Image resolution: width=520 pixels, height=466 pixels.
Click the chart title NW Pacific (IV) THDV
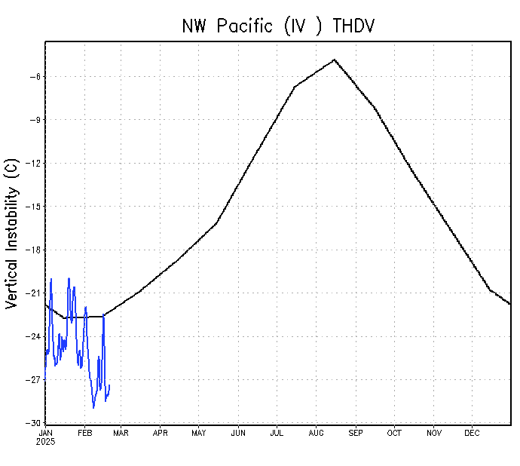(278, 25)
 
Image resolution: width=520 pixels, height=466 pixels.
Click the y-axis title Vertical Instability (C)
(11, 233)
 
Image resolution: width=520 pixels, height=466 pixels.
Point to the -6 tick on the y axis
(34, 76)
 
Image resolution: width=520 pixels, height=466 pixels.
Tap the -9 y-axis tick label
(34, 120)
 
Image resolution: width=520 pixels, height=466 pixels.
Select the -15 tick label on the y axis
(32, 207)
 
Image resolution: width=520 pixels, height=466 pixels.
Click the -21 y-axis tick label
(32, 293)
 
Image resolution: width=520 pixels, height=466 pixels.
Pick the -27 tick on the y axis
(32, 380)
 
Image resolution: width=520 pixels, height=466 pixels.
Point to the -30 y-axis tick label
(32, 423)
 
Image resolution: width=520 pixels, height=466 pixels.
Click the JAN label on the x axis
(45, 433)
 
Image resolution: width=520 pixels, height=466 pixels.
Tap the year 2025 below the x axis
(45, 441)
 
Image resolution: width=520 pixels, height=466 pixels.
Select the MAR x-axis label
(121, 433)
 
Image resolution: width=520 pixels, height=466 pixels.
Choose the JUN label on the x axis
(238, 433)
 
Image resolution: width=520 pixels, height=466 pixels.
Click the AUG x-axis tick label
(316, 433)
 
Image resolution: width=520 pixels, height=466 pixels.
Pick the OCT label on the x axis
(394, 433)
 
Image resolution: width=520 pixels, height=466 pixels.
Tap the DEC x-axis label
(472, 433)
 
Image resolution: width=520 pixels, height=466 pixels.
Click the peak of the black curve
(334, 60)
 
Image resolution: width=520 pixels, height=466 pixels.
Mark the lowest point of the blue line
(93, 408)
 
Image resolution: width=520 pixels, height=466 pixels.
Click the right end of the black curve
(510, 304)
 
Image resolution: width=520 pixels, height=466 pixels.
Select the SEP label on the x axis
(355, 433)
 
